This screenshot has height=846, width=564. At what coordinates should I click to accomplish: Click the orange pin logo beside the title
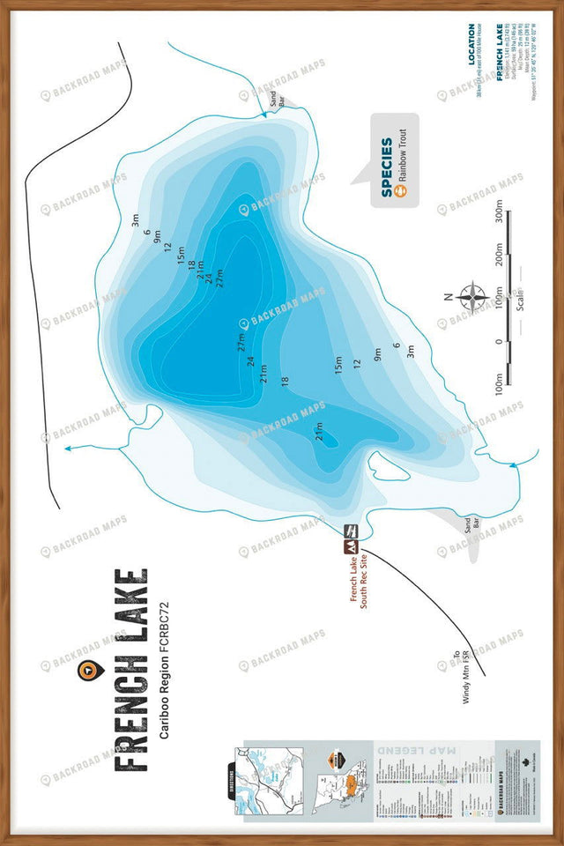click(x=86, y=671)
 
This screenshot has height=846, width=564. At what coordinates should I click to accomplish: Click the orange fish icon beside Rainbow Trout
click(x=404, y=192)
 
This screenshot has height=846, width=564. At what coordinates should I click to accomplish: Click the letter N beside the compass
click(x=449, y=296)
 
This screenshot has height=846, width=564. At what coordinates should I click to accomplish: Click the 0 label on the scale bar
click(x=499, y=341)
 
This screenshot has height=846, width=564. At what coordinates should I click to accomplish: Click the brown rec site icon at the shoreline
click(x=350, y=538)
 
